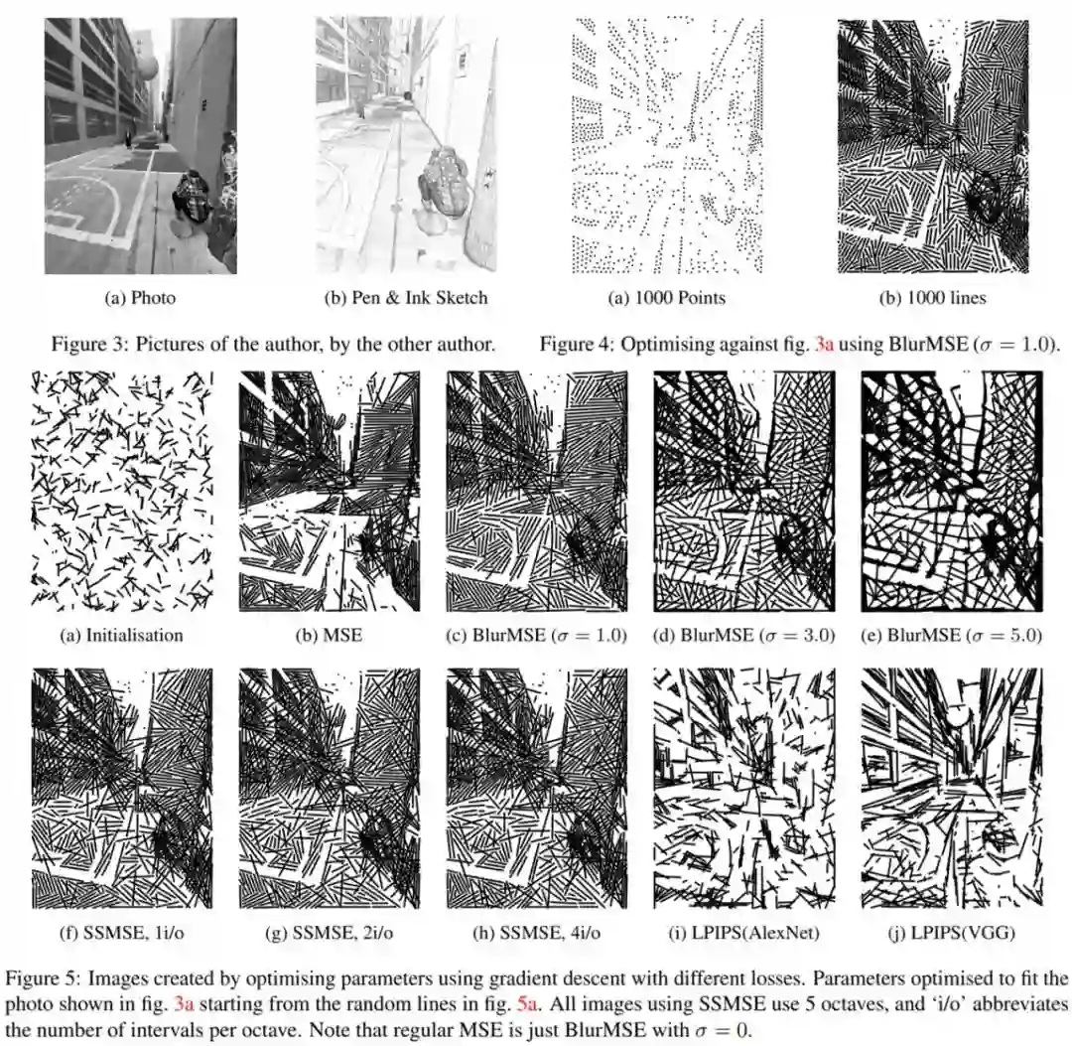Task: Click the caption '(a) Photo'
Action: pyautogui.click(x=140, y=298)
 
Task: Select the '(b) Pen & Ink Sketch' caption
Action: pyautogui.click(x=406, y=298)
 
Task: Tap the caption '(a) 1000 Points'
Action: pyautogui.click(x=667, y=298)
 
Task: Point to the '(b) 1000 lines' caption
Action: pyautogui.click(x=932, y=298)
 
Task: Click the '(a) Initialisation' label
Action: pyautogui.click(x=122, y=635)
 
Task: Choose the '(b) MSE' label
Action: pyautogui.click(x=329, y=635)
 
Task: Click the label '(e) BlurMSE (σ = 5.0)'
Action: pyautogui.click(x=951, y=635)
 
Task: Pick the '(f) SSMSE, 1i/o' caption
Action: pyautogui.click(x=122, y=932)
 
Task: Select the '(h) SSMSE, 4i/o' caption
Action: pyautogui.click(x=537, y=932)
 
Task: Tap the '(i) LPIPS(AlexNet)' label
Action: pyautogui.click(x=744, y=932)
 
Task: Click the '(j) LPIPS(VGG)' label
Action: pyautogui.click(x=952, y=932)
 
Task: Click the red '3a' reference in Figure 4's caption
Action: pyautogui.click(x=825, y=344)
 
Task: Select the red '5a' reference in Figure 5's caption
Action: pyautogui.click(x=527, y=1004)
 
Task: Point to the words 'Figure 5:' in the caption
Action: pyautogui.click(x=43, y=978)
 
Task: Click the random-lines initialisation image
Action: pyautogui.click(x=122, y=491)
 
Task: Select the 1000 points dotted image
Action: pyautogui.click(x=667, y=146)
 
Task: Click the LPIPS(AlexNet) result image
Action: pyautogui.click(x=744, y=788)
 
